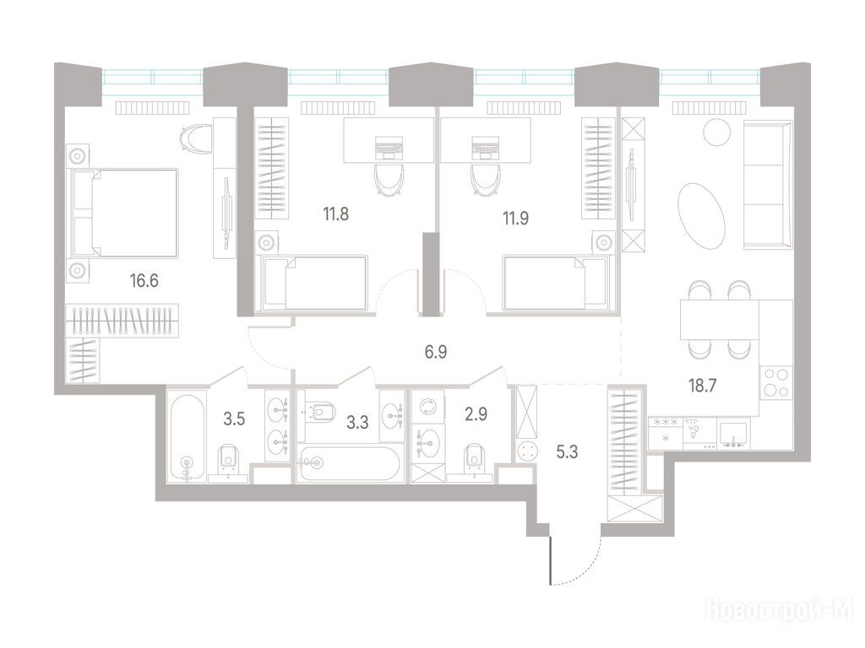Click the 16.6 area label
coord(144,281)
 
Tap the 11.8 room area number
coord(336,213)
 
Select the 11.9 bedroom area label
coord(515,219)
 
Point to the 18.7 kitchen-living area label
coord(702,386)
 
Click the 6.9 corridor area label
coord(436,352)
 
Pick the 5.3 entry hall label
coord(567,452)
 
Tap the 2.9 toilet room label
coord(476,413)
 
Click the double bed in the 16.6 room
coord(125,213)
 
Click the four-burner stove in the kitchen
coord(776,382)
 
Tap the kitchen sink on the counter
coord(734,434)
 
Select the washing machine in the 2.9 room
coord(427,407)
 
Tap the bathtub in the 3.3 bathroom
coord(346,463)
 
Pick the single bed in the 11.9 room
coord(554,283)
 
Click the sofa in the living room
coord(768,186)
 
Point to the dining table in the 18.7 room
coord(720,320)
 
